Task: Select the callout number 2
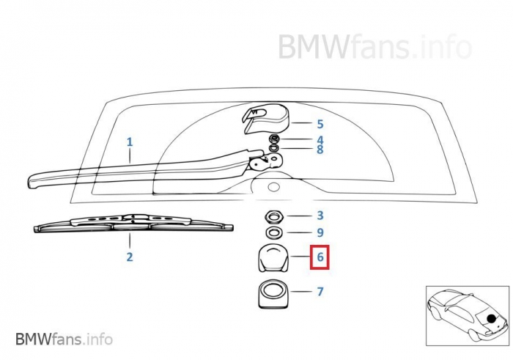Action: tap(130, 257)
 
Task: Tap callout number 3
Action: tap(320, 216)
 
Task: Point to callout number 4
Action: tap(320, 139)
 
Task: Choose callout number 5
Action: tap(320, 125)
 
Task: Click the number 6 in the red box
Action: tap(320, 258)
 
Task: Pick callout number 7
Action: tap(320, 292)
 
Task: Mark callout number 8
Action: tap(320, 150)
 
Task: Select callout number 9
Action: tap(320, 232)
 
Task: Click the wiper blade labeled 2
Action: tap(132, 224)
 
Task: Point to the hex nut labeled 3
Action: tap(274, 216)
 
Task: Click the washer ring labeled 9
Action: tap(274, 232)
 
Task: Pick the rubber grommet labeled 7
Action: tap(274, 293)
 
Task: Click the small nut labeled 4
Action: tap(274, 139)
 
